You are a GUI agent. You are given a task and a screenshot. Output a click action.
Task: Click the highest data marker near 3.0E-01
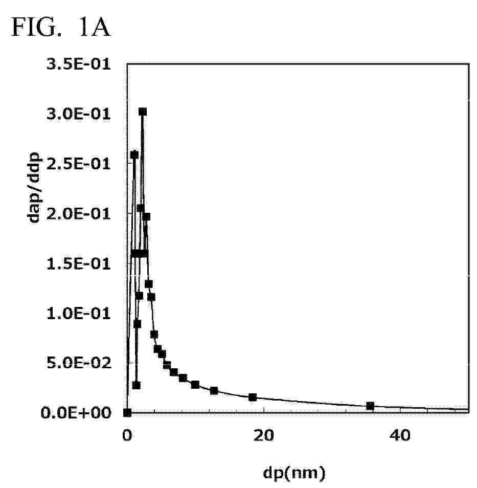point(143,112)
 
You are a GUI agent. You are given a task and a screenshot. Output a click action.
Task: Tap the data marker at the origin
point(128,412)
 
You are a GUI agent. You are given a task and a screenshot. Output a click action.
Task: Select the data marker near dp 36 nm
point(370,406)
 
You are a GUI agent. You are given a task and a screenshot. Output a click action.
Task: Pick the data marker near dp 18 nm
point(253,397)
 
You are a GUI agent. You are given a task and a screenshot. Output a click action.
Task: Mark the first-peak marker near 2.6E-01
point(134,154)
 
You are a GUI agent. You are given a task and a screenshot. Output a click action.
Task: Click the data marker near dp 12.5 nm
point(214,390)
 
